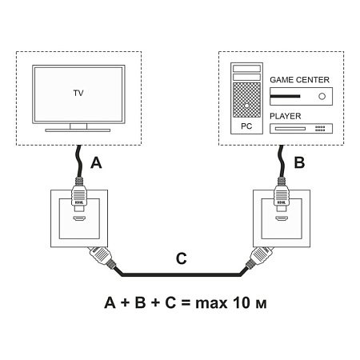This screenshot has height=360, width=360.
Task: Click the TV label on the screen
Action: coord(78,94)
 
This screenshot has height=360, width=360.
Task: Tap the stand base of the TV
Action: coord(78,129)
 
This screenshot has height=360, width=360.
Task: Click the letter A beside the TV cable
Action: coord(97,164)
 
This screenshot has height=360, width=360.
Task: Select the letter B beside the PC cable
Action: coord(298,163)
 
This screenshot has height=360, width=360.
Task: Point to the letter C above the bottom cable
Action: coord(181,258)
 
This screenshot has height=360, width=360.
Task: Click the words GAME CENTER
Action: coord(302,81)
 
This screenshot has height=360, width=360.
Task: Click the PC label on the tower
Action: coord(246,127)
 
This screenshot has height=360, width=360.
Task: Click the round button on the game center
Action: coord(322,96)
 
